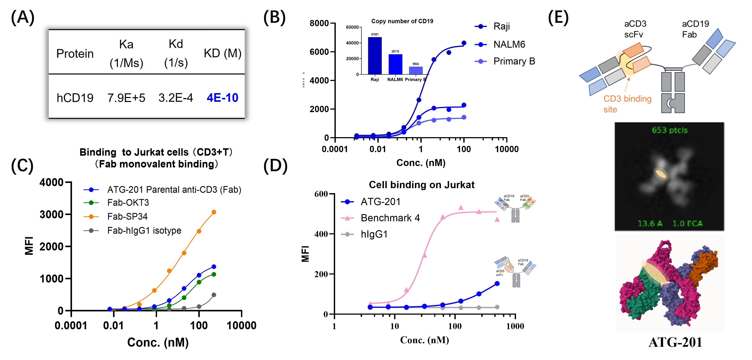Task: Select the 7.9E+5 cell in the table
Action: pos(126,98)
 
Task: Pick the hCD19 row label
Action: pos(75,98)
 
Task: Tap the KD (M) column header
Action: pos(223,53)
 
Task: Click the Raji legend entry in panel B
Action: pos(501,26)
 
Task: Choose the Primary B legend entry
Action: pos(514,61)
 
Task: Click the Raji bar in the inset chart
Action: pos(375,56)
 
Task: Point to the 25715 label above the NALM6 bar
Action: pos(395,51)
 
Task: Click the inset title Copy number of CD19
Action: pos(402,21)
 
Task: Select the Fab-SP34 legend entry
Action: pos(127,216)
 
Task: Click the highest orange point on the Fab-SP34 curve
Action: pos(214,212)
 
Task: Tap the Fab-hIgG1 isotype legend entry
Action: pos(144,231)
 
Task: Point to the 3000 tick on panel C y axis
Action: pos(52,215)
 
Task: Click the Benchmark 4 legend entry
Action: pos(390,218)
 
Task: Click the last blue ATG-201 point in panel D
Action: pos(497,283)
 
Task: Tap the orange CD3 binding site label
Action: pos(627,104)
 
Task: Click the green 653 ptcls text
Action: pos(670,130)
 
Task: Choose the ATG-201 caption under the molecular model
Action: pos(675,342)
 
